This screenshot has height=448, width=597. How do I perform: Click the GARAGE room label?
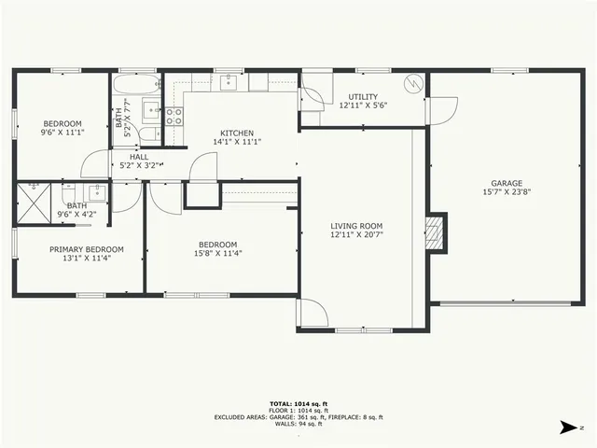coord(507,183)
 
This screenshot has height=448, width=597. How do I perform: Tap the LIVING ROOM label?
coord(356,226)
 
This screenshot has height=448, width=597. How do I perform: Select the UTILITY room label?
coord(363,97)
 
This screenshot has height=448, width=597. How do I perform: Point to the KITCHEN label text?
coord(236,133)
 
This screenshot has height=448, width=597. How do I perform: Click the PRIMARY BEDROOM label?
coord(87,249)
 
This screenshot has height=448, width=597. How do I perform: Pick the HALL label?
coord(139,157)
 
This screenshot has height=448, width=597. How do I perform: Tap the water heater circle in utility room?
coord(411,84)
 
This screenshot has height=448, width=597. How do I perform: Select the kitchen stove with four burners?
coord(174,117)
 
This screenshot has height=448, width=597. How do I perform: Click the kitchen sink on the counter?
coord(232,83)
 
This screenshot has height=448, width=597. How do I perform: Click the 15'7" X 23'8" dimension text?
coord(507,192)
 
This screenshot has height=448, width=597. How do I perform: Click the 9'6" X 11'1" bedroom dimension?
coord(62,133)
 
